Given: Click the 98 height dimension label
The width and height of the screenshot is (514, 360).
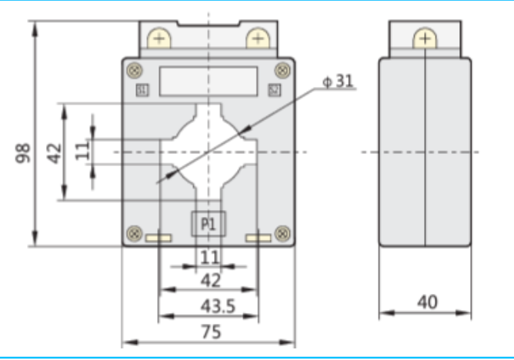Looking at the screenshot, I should (x=22, y=152).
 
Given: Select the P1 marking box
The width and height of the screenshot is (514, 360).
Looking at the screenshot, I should (x=209, y=224).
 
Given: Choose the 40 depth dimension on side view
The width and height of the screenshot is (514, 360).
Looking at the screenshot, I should (x=426, y=302).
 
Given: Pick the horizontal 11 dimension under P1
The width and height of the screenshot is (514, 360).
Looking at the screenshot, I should (x=209, y=256).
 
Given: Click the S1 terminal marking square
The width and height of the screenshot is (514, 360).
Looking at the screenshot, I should (x=142, y=90).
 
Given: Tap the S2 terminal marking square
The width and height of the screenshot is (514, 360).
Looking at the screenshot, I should (x=275, y=90).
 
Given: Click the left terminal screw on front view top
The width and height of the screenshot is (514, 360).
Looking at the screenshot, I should (x=159, y=38).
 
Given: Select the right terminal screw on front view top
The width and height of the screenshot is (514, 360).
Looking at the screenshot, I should (x=257, y=38).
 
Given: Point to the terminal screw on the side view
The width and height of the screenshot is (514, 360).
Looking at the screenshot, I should (x=425, y=38).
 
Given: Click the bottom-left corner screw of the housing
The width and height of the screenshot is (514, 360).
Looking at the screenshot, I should (x=135, y=232).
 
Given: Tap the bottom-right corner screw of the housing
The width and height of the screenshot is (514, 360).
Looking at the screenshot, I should (x=282, y=232).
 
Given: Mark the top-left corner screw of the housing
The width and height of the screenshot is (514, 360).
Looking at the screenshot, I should (x=135, y=70).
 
